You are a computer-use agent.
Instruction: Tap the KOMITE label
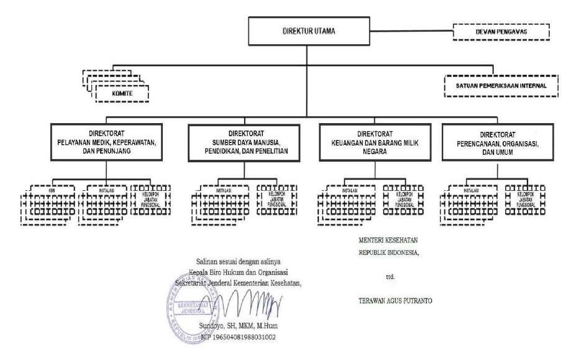coord(122,93)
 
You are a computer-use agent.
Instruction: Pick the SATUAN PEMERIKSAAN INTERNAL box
coord(495,85)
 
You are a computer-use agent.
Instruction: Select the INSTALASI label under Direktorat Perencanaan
coord(472,188)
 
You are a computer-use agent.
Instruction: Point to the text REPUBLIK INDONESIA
coord(389,254)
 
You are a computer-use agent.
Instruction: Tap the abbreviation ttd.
coord(390,274)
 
